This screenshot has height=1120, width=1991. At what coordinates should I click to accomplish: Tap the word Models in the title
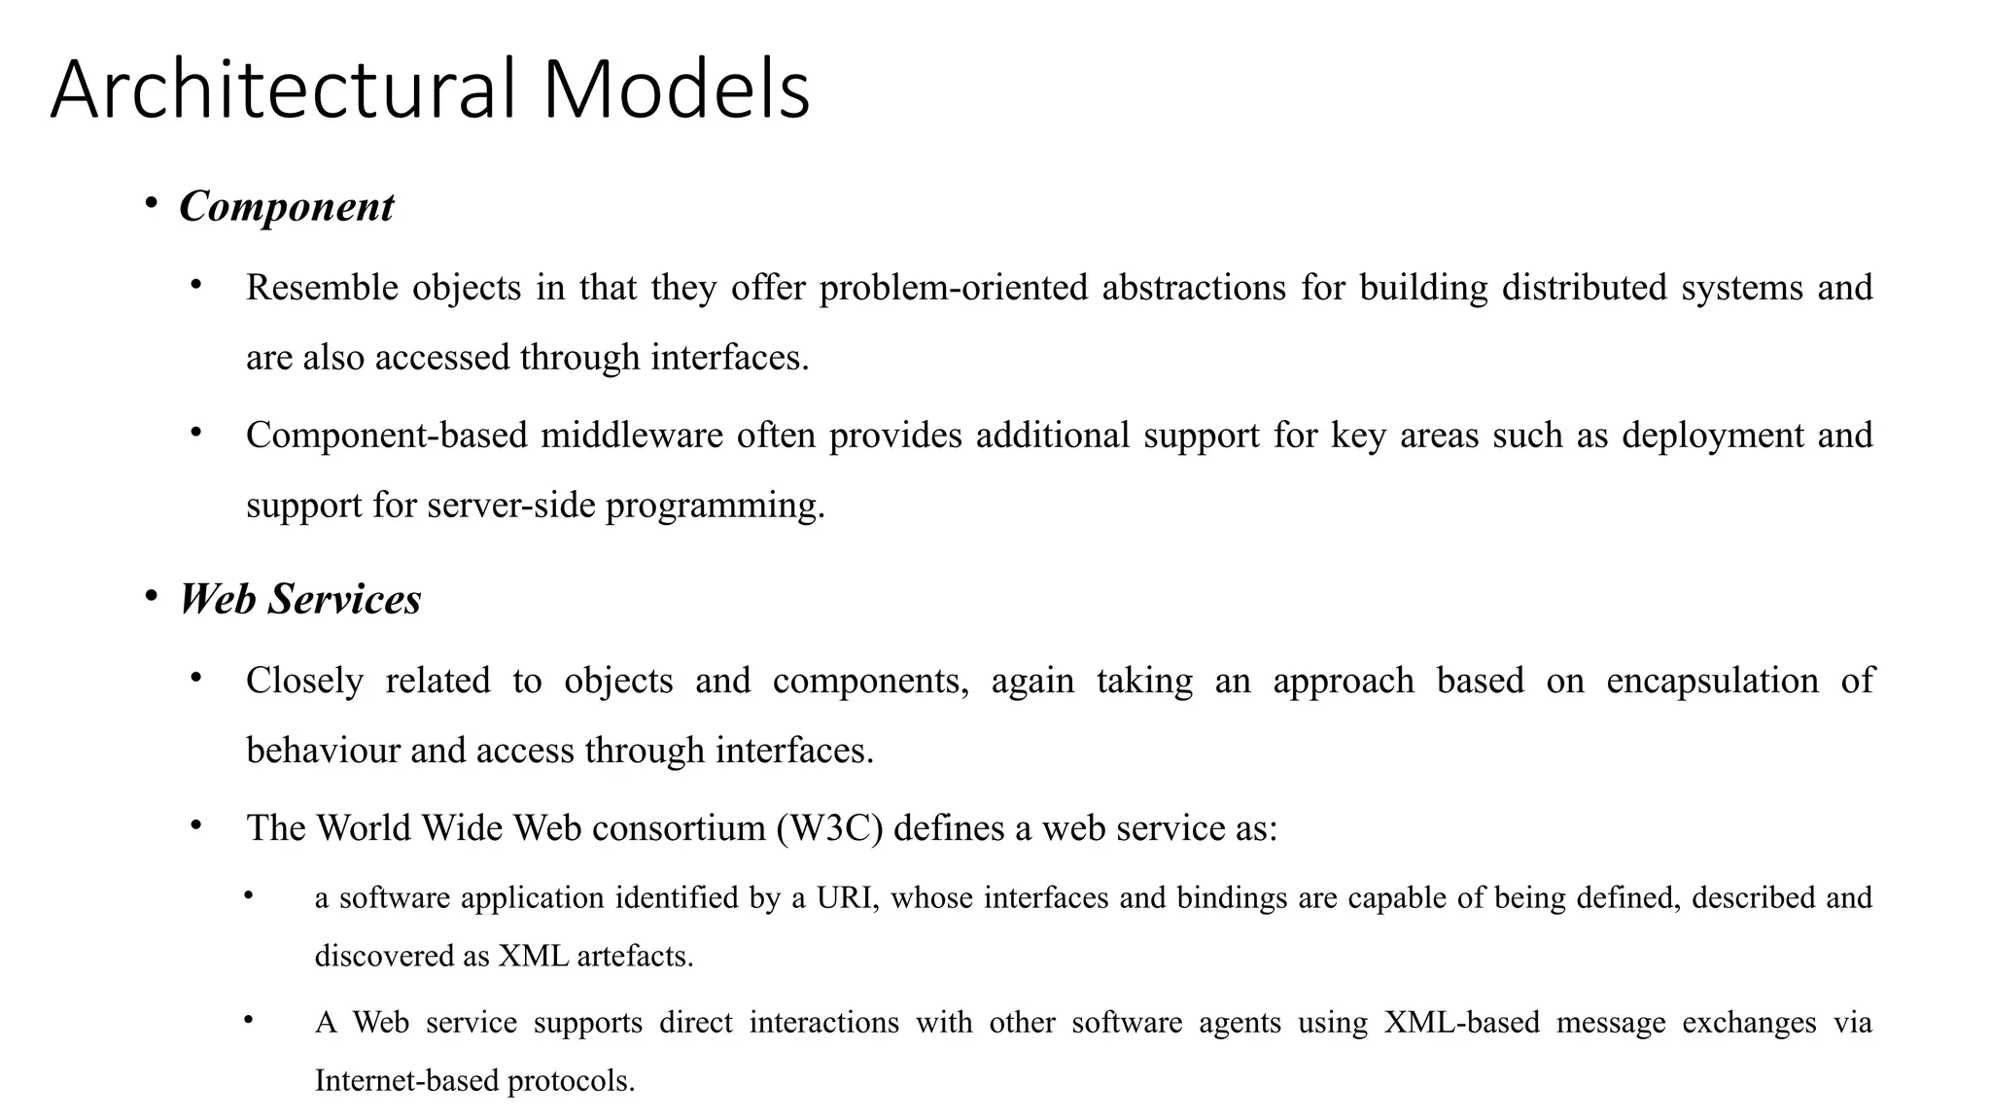pyautogui.click(x=676, y=89)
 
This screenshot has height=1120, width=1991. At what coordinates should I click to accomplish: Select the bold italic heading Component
pyautogui.click(x=287, y=206)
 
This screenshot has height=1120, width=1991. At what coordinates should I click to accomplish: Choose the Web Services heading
pyautogui.click(x=300, y=599)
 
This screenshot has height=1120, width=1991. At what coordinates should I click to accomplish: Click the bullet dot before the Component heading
pyautogui.click(x=151, y=203)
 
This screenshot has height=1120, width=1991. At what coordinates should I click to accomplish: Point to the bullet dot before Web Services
pyautogui.click(x=151, y=595)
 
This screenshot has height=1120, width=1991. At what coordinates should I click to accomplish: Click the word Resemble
pyautogui.click(x=322, y=288)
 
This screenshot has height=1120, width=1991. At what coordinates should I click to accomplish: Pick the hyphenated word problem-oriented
pyautogui.click(x=953, y=288)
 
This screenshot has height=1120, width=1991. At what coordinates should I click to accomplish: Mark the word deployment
pyautogui.click(x=1713, y=436)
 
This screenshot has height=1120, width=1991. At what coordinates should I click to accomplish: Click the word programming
pyautogui.click(x=715, y=506)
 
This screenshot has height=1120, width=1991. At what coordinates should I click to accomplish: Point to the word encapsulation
pyautogui.click(x=1712, y=681)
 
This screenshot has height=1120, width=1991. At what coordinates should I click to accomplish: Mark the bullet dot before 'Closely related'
pyautogui.click(x=195, y=677)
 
